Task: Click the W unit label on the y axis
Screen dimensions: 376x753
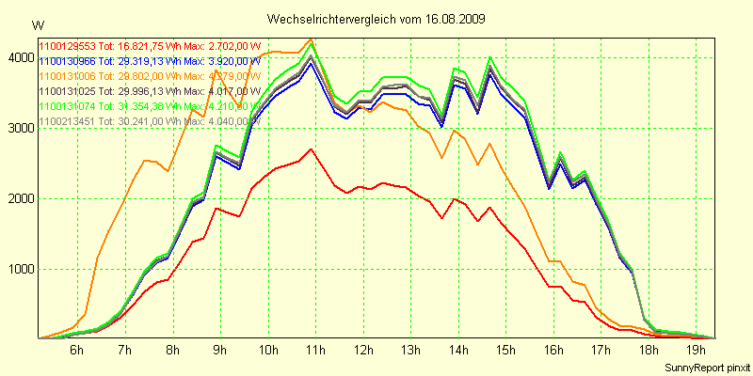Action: (x=38, y=24)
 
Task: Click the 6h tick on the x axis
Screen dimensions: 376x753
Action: (x=77, y=351)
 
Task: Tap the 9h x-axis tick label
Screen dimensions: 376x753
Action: (x=220, y=351)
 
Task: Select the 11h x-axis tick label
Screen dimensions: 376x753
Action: (x=315, y=351)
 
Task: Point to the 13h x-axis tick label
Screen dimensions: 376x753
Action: (x=410, y=351)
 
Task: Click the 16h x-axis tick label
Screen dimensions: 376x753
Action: (x=553, y=351)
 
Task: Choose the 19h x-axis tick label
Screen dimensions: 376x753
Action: (x=697, y=351)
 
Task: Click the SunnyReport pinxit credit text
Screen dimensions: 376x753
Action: (x=705, y=367)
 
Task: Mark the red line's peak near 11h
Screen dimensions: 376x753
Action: (x=312, y=149)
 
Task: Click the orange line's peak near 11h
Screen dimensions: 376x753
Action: (x=312, y=40)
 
